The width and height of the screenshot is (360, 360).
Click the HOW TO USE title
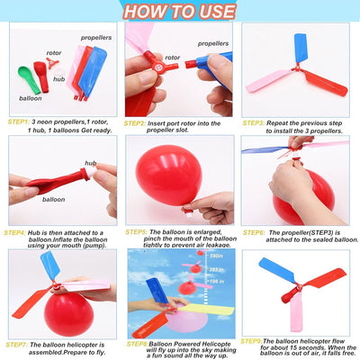click(180, 10)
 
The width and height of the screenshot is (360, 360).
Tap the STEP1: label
click(19, 120)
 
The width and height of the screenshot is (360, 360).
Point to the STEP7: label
click(19, 344)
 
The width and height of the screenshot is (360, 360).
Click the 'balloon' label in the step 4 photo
click(53, 199)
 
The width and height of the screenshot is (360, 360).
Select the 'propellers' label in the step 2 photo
click(212, 42)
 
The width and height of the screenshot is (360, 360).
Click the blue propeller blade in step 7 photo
click(50, 266)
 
